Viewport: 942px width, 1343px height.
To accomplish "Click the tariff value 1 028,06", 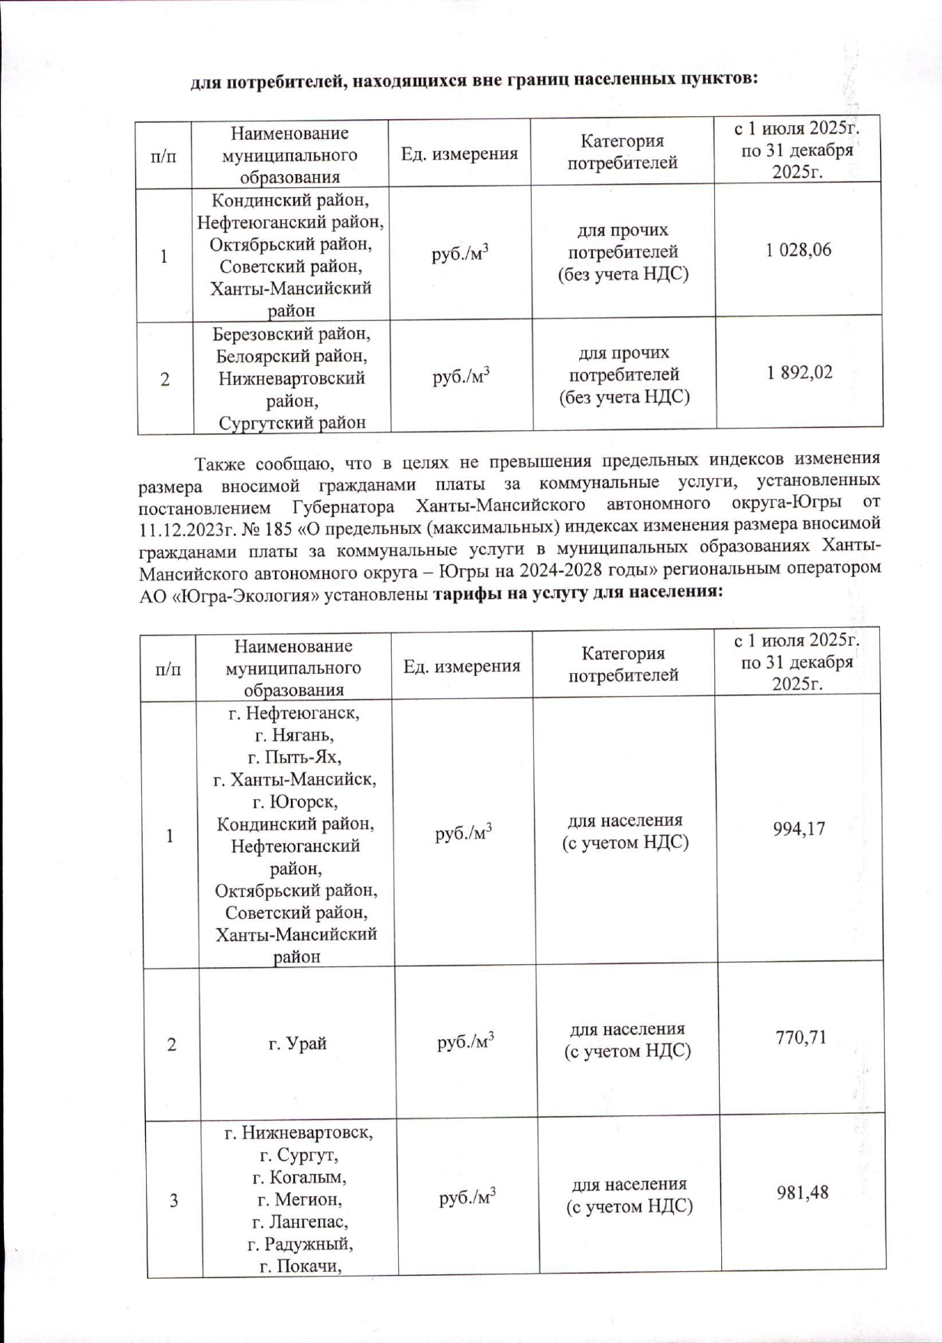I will pyautogui.click(x=798, y=251).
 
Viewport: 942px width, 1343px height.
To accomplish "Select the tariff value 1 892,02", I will pyautogui.click(x=799, y=373).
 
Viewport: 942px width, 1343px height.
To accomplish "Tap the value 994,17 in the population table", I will pyautogui.click(x=799, y=829).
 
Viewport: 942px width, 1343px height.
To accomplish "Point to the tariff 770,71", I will pyautogui.click(x=801, y=1038).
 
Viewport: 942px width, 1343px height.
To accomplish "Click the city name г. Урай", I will pyautogui.click(x=297, y=1043).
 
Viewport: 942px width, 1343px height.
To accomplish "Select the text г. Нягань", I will pyautogui.click(x=294, y=736).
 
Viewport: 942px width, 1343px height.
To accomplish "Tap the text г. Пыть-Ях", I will pyautogui.click(x=294, y=758).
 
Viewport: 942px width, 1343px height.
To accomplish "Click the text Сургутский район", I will pyautogui.click(x=292, y=422).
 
